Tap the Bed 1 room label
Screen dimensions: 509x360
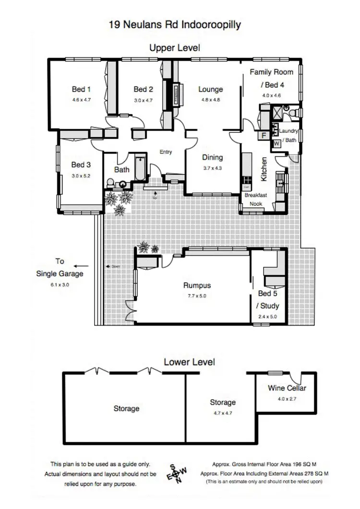tap(81, 89)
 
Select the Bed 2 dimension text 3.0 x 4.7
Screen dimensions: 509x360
tap(143, 100)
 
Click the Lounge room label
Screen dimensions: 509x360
tap(211, 89)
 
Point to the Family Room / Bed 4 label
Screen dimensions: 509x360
tap(271, 79)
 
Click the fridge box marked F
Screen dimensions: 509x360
tap(264, 136)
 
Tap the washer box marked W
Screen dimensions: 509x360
tap(277, 143)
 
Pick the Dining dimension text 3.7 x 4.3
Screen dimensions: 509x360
tap(212, 168)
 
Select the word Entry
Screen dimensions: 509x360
tap(166, 152)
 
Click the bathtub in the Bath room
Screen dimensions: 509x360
tap(140, 168)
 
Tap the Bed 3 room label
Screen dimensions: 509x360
tap(81, 165)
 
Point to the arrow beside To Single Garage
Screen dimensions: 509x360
tap(81, 266)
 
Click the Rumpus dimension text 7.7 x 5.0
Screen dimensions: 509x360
tap(197, 296)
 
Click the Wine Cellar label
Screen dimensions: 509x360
tap(287, 388)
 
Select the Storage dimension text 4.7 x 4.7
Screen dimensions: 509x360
tap(222, 412)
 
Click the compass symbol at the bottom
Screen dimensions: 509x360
tap(176, 473)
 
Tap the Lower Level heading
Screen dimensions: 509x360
tap(189, 362)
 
